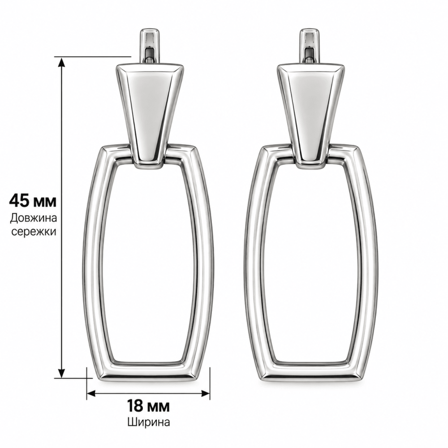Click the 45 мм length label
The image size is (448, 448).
pos(33,201)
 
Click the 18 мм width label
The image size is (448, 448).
pos(148,406)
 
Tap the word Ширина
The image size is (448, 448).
pos(149,422)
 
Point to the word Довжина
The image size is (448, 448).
pos(34,218)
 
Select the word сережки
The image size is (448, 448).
pos(34,232)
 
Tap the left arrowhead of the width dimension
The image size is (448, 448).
pos(91,393)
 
